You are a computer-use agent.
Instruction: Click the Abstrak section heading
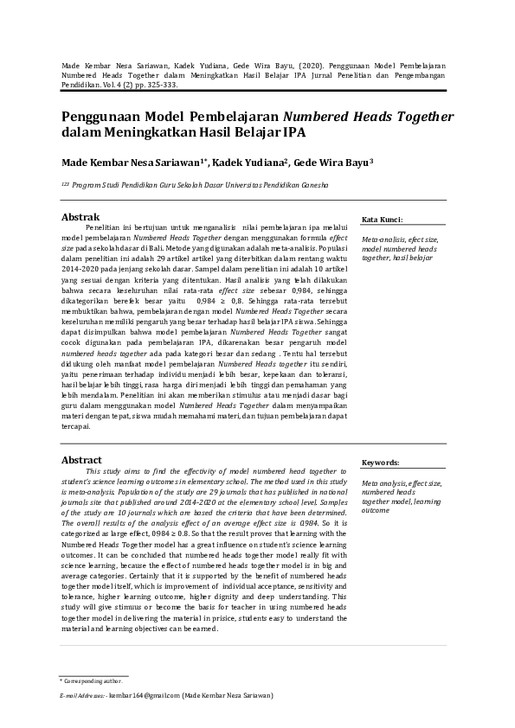click(x=80, y=216)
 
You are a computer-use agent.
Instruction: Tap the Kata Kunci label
click(x=382, y=220)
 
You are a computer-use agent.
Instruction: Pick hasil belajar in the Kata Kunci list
click(x=415, y=258)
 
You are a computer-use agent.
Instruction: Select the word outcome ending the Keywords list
click(x=377, y=510)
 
